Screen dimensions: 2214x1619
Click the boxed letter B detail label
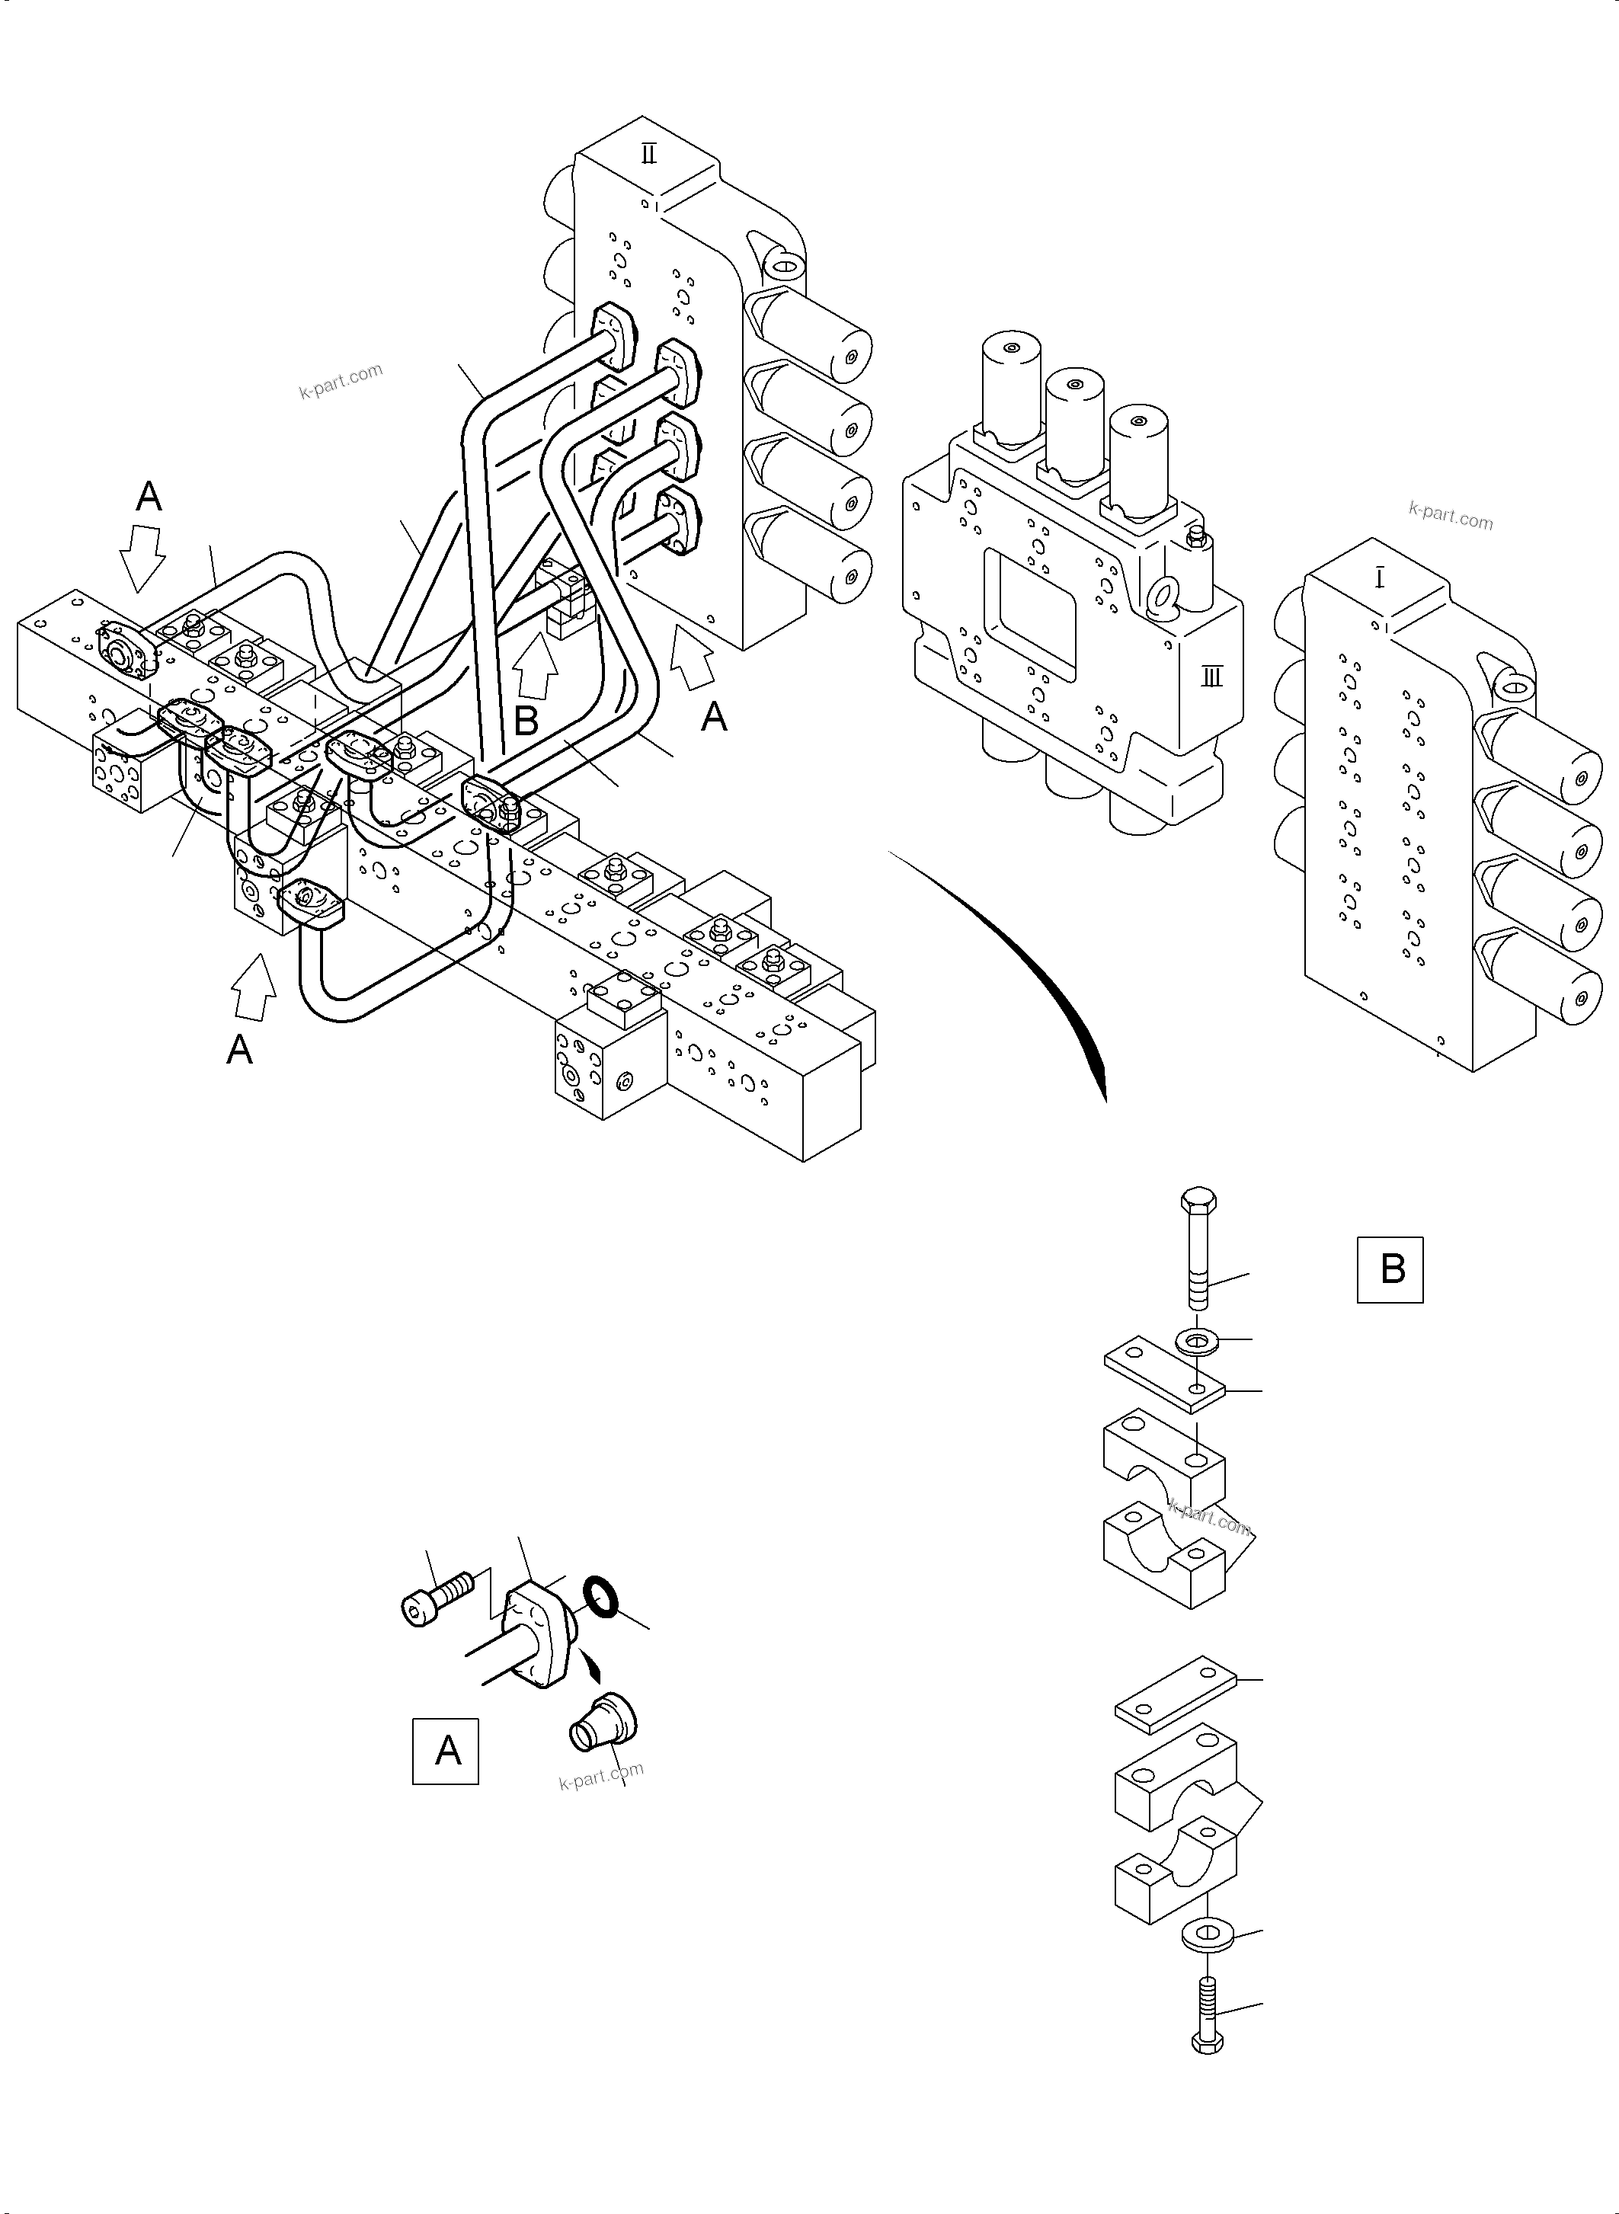tap(1389, 1270)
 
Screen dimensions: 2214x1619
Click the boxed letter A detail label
tap(445, 1751)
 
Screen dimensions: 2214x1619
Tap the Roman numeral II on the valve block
tap(649, 154)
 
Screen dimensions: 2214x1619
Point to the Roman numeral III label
tap(1212, 677)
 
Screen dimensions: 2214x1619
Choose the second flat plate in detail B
tap(1177, 1691)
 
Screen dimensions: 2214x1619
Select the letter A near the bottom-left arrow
tap(239, 1050)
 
